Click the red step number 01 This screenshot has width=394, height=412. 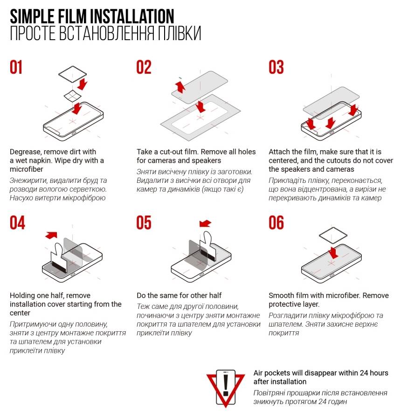click(16, 67)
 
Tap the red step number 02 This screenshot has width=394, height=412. click(144, 67)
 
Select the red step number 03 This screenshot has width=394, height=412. click(276, 67)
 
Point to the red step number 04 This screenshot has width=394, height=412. click(17, 223)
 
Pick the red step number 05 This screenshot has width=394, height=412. click(144, 223)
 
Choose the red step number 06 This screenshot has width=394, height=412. click(276, 223)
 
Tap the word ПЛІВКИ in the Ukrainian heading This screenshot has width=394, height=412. click(180, 33)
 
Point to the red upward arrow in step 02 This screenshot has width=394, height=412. click(180, 87)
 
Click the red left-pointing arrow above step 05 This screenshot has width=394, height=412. click(205, 223)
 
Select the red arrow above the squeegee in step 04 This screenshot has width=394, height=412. click(51, 235)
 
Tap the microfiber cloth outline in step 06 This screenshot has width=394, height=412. click(333, 235)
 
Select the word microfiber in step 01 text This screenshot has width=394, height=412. click(26, 169)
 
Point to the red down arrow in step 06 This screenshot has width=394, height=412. click(333, 253)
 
